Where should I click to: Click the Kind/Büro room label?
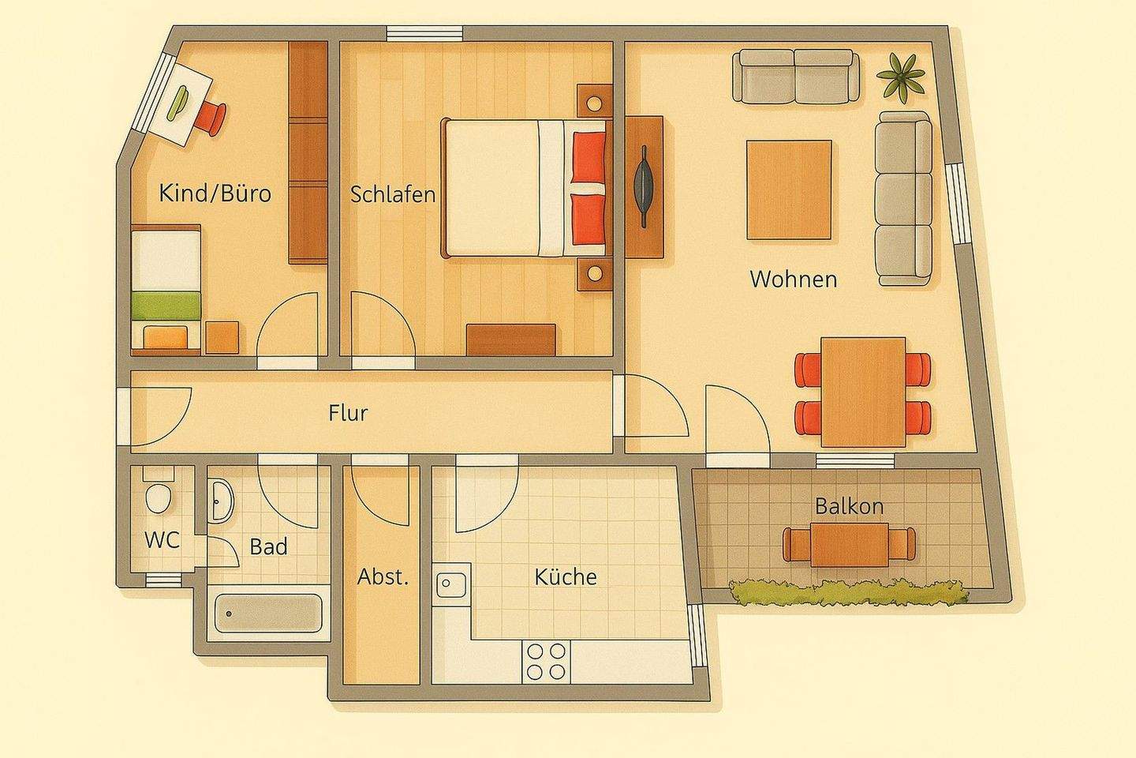[215, 193]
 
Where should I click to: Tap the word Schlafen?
[393, 194]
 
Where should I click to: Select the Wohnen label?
[793, 279]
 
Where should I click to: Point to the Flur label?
[348, 412]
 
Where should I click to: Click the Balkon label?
[849, 506]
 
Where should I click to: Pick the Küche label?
[565, 577]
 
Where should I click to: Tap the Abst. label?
[383, 576]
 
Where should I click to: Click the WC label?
[162, 541]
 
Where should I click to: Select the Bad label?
[268, 546]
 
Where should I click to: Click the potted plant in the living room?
[900, 77]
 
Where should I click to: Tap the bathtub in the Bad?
[268, 613]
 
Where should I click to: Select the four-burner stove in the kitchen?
[546, 662]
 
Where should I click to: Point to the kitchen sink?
[451, 586]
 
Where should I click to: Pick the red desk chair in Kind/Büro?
[211, 118]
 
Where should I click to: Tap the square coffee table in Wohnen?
[789, 189]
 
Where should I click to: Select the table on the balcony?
[849, 543]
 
